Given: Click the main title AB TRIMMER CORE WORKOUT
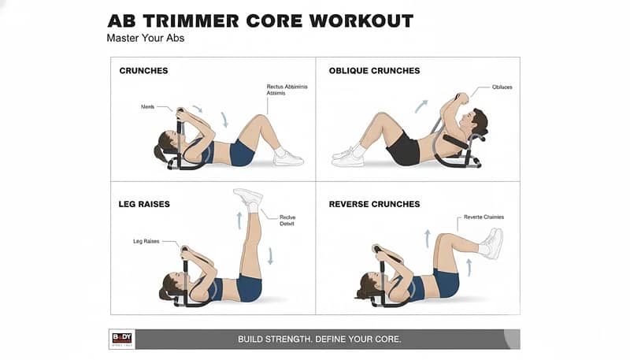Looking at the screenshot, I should click(x=260, y=20).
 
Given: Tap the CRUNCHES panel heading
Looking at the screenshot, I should click(x=143, y=71).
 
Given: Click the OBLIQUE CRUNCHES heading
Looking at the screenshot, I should click(x=374, y=71).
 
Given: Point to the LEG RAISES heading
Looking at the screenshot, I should click(x=144, y=204).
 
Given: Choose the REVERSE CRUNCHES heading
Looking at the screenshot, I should click(x=374, y=204).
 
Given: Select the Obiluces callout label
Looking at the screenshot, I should click(x=502, y=87).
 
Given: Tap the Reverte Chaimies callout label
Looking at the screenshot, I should click(x=484, y=217).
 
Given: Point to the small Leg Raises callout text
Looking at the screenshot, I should click(x=146, y=242).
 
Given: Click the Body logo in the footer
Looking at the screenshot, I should click(x=122, y=339).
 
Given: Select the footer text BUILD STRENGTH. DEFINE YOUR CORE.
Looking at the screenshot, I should click(x=320, y=339).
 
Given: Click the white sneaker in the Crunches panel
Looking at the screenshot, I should click(x=287, y=158).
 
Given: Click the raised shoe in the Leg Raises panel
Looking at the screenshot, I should click(x=247, y=197).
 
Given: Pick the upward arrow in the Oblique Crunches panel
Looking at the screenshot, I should click(x=422, y=106).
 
